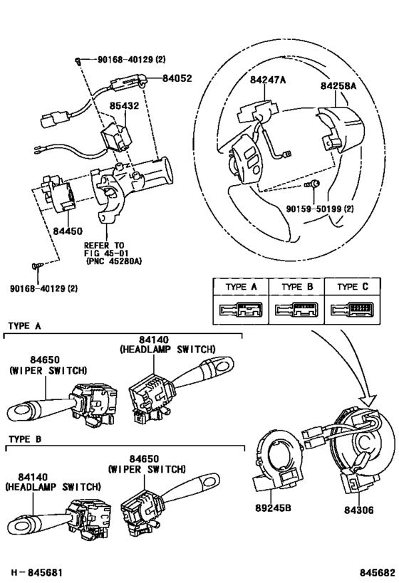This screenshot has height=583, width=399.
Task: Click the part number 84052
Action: coord(177,79)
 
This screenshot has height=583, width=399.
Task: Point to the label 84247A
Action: coord(268,80)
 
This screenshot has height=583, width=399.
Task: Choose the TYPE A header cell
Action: coord(240,288)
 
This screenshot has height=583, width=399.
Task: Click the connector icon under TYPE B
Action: coord(296,310)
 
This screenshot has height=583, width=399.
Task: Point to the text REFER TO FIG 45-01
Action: coord(108,248)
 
